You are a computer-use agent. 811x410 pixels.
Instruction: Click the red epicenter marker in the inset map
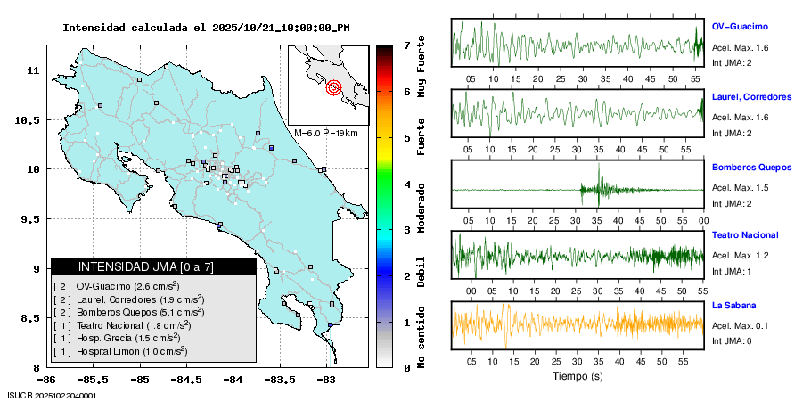tap(334, 87)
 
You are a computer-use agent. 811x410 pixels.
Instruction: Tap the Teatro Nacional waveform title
tap(745, 235)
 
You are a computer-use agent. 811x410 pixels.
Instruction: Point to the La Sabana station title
tap(733, 305)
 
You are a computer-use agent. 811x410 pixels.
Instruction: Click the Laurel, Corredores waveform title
tap(752, 96)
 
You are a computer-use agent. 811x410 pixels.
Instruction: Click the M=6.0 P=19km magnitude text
tap(325, 133)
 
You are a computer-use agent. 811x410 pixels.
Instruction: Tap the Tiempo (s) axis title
tap(578, 376)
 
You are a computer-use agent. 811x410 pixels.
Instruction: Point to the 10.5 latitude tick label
tap(31, 119)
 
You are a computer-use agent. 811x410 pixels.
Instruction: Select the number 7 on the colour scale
tap(406, 45)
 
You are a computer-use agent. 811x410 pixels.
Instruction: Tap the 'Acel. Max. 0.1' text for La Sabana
tap(740, 324)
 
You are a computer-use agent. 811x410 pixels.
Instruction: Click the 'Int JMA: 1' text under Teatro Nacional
tap(732, 271)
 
